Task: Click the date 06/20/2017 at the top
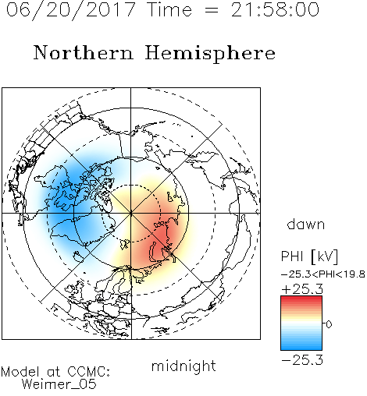[x=71, y=10]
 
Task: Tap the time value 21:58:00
[x=275, y=9]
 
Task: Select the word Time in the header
[x=169, y=9]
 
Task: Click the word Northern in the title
[x=84, y=52]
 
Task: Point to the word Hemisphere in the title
[x=210, y=54]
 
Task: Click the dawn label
[x=306, y=224]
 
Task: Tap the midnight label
[x=183, y=366]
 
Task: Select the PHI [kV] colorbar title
[x=309, y=256]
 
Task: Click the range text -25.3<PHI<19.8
[x=322, y=274]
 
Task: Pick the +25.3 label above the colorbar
[x=302, y=289]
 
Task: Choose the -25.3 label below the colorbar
[x=302, y=360]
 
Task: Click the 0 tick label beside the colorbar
[x=329, y=324]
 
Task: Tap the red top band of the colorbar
[x=301, y=299]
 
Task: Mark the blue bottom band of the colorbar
[x=301, y=347]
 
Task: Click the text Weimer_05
[x=59, y=384]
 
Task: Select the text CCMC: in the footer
[x=89, y=372]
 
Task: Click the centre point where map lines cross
[x=131, y=213]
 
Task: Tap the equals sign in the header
[x=212, y=11]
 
